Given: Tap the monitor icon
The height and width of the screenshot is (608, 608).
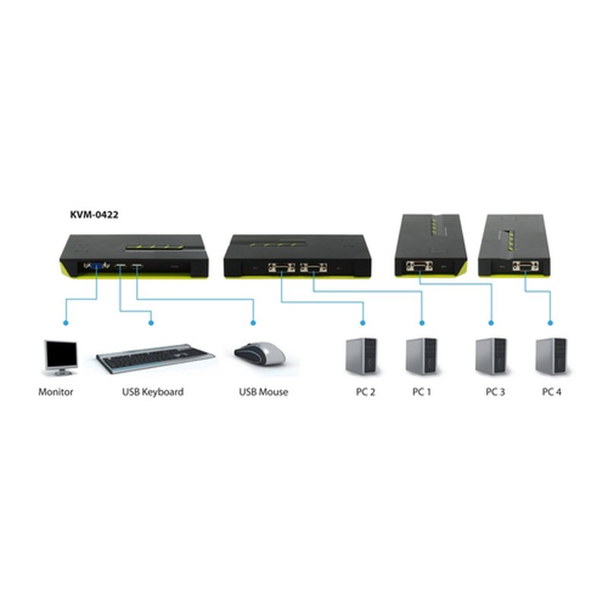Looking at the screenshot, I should tap(60, 357).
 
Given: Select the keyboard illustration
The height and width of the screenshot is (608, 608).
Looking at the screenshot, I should tap(155, 357).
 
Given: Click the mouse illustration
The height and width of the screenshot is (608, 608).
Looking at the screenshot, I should tap(260, 353).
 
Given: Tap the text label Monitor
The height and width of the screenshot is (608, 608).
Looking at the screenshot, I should tap(55, 392).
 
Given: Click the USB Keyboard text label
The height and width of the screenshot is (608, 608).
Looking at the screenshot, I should tap(153, 392).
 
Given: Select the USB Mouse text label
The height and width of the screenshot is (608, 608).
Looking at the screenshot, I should tap(264, 392).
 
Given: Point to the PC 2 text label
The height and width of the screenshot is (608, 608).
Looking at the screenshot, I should tap(362, 392).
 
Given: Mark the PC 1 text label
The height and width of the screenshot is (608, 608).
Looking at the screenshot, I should tap(422, 392).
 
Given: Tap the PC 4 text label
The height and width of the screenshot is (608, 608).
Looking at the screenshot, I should tap(552, 392).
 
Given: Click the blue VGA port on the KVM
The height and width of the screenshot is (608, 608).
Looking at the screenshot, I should tap(97, 266).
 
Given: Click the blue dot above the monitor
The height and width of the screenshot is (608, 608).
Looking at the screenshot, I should tap(66, 322).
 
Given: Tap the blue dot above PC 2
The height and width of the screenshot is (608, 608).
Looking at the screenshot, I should tap(363, 322).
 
